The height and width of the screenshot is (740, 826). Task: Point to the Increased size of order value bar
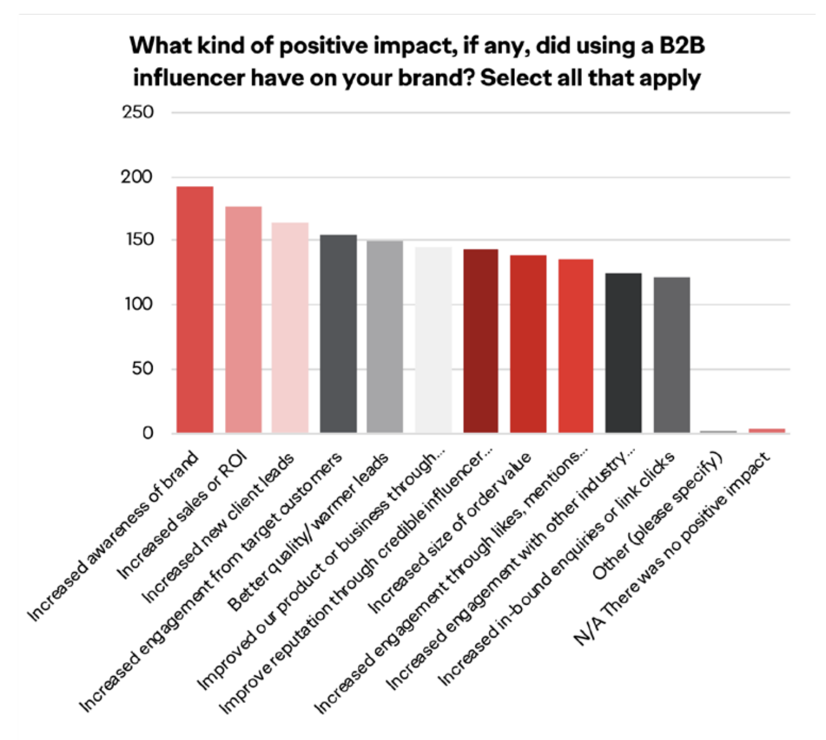click(528, 344)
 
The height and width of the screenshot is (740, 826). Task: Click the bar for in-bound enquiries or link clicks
click(672, 355)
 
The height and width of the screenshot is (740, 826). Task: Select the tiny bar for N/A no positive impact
click(767, 431)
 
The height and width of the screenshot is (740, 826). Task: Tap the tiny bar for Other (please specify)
click(718, 432)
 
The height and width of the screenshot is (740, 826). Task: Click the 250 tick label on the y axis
click(138, 112)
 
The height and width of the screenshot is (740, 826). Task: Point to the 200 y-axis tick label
click(137, 177)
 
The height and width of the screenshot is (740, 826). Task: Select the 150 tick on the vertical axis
click(139, 239)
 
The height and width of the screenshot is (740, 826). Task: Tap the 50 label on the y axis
click(142, 369)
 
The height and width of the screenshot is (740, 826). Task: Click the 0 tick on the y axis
click(148, 433)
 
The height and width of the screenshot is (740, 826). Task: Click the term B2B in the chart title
click(682, 45)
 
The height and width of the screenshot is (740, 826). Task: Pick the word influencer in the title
click(188, 77)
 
